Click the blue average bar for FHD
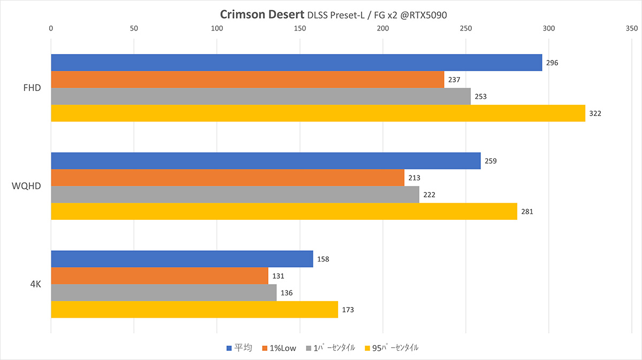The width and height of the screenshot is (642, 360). [x=296, y=63]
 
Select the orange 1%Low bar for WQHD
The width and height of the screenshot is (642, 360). [x=227, y=178]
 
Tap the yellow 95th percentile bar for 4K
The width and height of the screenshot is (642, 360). [x=194, y=310]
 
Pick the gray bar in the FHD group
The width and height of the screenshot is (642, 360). [x=261, y=97]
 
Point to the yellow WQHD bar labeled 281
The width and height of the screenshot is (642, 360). [x=284, y=211]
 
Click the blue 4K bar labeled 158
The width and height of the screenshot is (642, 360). [x=182, y=259]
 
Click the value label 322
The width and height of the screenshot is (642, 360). [x=595, y=114]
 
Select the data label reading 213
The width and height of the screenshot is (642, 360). [x=415, y=178]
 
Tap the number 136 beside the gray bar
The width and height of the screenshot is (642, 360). [x=287, y=293]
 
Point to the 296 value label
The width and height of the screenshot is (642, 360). [x=552, y=63]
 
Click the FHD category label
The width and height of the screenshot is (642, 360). [x=32, y=88]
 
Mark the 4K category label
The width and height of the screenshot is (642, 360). [x=36, y=285]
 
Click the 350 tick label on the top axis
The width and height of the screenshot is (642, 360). [x=632, y=28]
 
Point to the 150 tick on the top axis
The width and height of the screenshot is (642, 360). [x=300, y=28]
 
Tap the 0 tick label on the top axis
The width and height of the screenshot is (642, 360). [x=51, y=28]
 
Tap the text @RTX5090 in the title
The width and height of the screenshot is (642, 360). [x=422, y=15]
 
